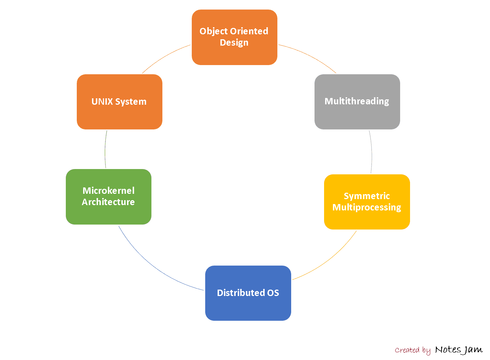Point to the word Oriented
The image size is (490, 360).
251,31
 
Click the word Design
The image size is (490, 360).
234,42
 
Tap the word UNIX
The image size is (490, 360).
102,101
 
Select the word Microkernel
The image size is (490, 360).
109,191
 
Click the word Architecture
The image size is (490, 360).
108,202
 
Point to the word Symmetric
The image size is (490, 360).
367,196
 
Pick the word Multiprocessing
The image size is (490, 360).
367,207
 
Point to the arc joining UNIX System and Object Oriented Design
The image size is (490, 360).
165,56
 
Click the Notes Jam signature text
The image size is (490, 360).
459,350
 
